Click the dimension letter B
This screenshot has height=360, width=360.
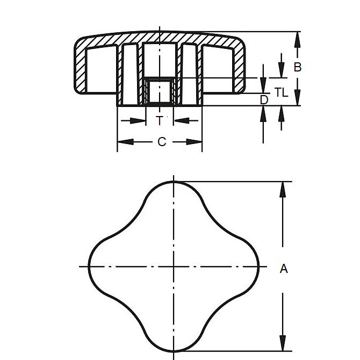298,67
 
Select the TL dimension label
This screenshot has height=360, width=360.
281,92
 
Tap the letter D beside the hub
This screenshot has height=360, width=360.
263,100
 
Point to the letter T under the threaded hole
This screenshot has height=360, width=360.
160,120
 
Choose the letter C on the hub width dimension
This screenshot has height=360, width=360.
161,142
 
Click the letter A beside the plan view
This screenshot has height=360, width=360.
284,269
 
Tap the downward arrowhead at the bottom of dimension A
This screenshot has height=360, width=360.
281,347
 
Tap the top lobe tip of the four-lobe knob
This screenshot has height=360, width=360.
174,182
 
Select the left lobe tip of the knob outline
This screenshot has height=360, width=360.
88,266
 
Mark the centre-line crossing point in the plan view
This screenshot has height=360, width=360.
174,266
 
